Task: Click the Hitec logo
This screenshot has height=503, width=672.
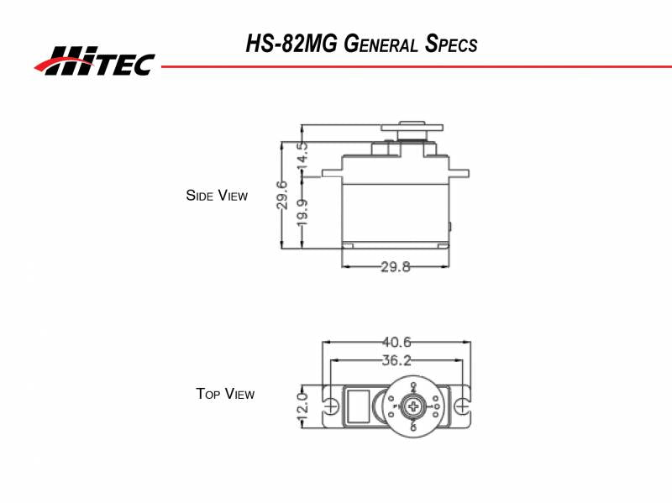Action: coord(94,60)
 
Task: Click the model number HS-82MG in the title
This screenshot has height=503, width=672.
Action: coord(292,44)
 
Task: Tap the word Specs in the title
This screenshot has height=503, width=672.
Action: coord(451,44)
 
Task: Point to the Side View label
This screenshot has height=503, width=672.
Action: coord(217,196)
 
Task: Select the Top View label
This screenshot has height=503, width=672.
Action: coord(225,393)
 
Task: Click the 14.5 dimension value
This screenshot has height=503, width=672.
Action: coord(302,156)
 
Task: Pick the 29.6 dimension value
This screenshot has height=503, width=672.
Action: coord(282,195)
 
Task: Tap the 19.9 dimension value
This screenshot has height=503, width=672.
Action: coord(302,212)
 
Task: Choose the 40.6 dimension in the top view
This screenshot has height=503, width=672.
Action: coord(396,342)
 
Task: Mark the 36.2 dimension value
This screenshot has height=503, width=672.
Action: coord(396,360)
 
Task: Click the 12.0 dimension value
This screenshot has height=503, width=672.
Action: coord(303,406)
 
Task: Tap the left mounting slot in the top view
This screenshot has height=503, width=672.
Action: coord(332,406)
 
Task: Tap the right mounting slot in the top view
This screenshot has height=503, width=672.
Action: coord(462,406)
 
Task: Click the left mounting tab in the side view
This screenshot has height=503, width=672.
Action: coord(331,170)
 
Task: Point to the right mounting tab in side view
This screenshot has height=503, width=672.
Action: coord(459,170)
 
